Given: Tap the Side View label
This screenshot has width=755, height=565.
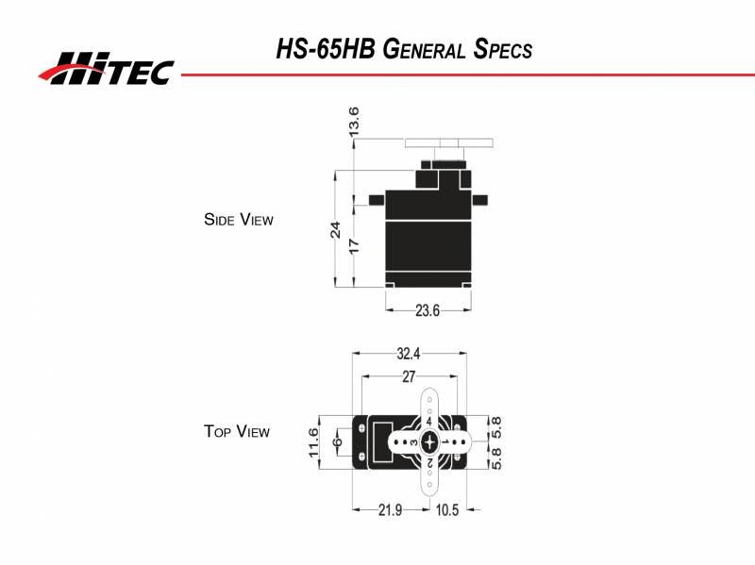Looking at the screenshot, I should point(238,220).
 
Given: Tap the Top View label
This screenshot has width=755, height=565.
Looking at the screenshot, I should point(237,432).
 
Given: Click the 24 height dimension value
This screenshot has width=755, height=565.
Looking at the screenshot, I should point(335,230).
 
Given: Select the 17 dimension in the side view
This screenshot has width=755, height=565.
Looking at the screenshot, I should point(354,245).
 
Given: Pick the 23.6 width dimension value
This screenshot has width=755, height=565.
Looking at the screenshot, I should point(428,309).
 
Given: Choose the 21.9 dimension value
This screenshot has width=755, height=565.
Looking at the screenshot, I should point(390,510).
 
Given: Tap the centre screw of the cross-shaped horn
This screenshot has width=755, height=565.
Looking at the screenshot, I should point(430,441).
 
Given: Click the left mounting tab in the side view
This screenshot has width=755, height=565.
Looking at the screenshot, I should point(377,200).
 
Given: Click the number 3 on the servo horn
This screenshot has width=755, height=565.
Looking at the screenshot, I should point(414,441).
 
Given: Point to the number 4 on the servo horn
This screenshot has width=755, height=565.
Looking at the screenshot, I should point(430,422).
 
